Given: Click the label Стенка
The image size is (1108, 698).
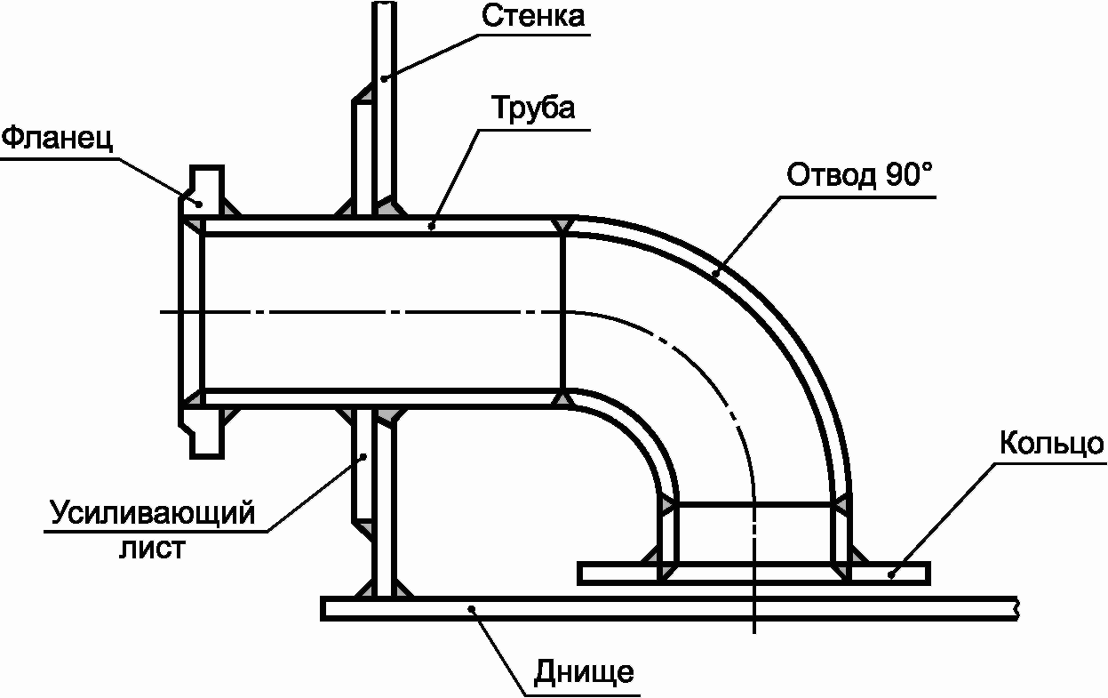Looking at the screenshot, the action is pos(533,16).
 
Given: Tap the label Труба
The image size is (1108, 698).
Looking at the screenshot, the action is pos(533,108).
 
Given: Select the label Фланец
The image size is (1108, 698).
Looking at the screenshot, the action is pos(58,138).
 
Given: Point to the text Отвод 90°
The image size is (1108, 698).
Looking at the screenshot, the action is pos(860,175).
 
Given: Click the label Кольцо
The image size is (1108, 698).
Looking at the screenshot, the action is pos(1051,444).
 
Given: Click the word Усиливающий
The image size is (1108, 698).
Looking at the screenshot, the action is pos(152,513).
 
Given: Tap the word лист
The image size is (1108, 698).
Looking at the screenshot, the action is pos(152,549).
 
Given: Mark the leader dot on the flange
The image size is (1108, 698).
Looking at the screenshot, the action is pos(200,204).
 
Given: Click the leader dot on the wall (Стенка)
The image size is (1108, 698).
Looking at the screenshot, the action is pos(383,78).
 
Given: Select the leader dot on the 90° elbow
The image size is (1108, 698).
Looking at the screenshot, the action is pos(715,273).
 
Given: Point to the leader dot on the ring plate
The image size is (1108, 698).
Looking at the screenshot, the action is pos(891,574).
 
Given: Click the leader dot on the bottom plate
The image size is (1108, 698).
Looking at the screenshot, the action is pos(472,608).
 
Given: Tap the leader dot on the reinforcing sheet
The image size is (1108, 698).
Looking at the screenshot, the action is pos(363,456).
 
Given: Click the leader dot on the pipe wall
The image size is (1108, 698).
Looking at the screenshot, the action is pos(431,226).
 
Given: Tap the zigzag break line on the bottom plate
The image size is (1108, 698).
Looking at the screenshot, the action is pos(1016,608).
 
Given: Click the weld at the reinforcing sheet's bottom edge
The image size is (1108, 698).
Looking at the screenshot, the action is pos(363,527).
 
